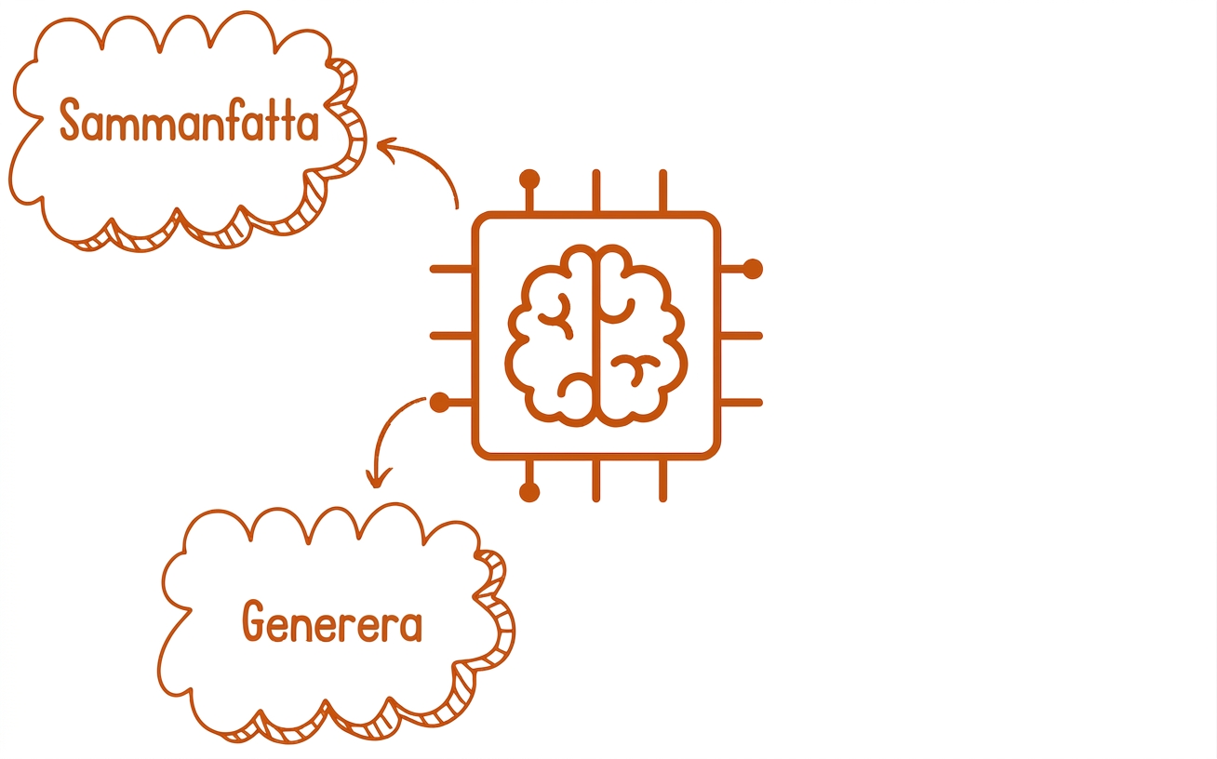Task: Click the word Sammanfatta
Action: pos(189,120)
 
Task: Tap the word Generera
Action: pos(332,621)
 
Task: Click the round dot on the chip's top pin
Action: pos(529,180)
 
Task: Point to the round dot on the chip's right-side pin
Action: pos(753,269)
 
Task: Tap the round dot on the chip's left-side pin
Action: pos(439,403)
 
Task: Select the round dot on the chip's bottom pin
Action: pos(529,492)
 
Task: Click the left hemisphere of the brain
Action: pos(550,336)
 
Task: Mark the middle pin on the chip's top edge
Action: pos(596,190)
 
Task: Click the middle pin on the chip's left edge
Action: pos(451,336)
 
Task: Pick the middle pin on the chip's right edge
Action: pos(742,336)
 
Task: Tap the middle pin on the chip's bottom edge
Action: pos(596,481)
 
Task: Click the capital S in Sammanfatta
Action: pos(70,120)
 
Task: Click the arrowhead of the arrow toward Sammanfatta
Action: pos(387,147)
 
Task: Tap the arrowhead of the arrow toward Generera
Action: pos(378,478)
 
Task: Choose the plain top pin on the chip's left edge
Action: pos(451,269)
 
